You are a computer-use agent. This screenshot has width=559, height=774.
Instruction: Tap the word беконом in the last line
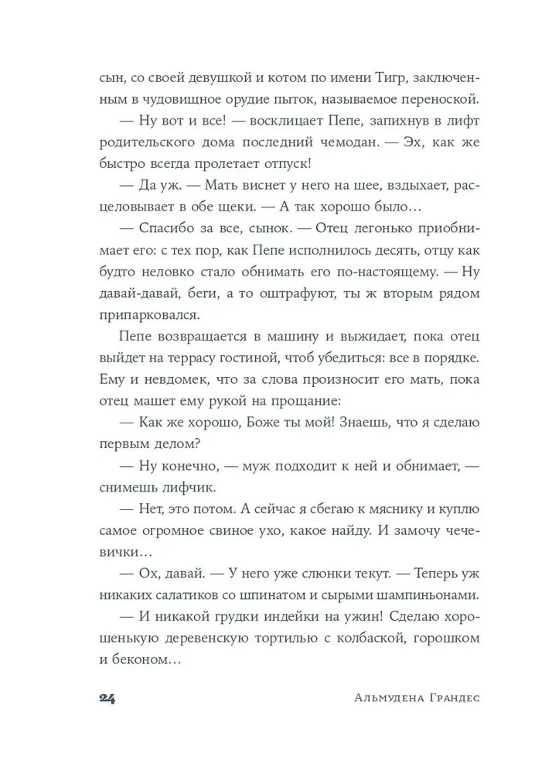coord(144,660)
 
